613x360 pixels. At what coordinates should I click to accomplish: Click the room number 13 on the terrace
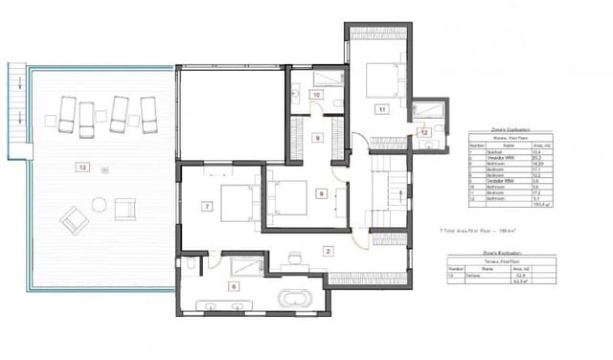[82, 168]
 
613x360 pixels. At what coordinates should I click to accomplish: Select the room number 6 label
[234, 285]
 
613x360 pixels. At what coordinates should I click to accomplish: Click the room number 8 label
[322, 193]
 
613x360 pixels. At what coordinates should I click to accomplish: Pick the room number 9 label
[318, 138]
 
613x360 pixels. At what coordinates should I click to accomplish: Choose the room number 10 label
[316, 95]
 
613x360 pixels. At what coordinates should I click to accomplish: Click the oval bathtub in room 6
[294, 299]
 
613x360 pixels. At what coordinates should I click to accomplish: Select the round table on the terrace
[97, 203]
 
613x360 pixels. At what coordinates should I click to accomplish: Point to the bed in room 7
[234, 202]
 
